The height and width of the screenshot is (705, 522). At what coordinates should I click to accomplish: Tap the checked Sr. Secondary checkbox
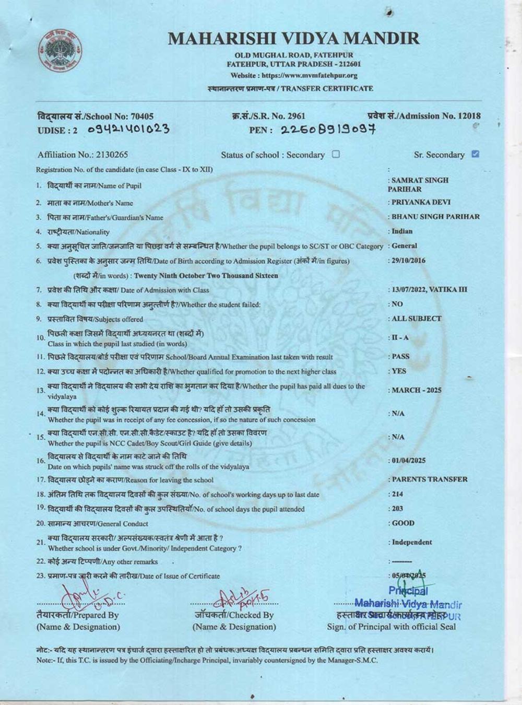[474, 154]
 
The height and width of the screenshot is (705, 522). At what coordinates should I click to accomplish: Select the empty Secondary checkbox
[336, 154]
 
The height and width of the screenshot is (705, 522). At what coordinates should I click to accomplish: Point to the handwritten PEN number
[328, 130]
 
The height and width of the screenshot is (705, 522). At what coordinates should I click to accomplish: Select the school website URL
[309, 76]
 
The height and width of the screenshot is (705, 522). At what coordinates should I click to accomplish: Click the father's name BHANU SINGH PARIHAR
[435, 217]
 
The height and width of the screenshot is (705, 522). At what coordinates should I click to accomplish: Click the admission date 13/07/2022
[408, 289]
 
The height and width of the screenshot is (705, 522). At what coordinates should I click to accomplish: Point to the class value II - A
[400, 338]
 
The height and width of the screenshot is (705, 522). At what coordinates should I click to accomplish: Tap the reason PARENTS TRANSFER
[429, 479]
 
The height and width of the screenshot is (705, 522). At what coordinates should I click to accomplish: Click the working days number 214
[397, 494]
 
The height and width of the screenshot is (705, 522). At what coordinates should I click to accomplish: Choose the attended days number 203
[397, 509]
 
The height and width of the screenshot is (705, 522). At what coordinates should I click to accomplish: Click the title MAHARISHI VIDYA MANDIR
[294, 38]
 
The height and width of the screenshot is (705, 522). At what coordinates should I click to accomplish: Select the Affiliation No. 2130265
[112, 155]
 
